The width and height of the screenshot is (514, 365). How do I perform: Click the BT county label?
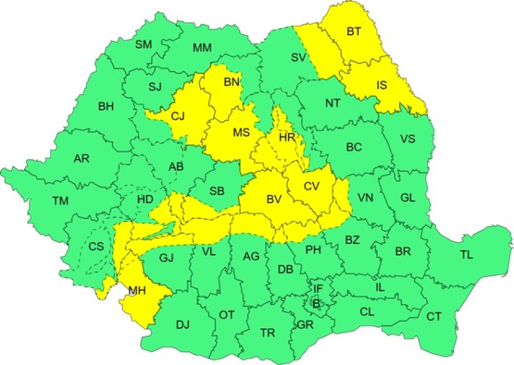coord(354,32)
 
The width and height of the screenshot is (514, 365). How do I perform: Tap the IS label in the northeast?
coord(384,86)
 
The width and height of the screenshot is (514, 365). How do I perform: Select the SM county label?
coord(144,45)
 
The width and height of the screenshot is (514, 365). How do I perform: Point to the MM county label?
coord(202,48)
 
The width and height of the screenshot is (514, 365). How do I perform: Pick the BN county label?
coord(231,83)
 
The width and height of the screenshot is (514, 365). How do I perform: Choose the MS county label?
coord(241,132)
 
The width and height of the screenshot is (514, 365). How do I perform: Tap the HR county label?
coord(287,137)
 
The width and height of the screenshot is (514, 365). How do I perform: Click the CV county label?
coord(311,186)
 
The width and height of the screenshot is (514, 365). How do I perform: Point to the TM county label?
coord(60,201)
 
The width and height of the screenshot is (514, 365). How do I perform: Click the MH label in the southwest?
coord(137,292)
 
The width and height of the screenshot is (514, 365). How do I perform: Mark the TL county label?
coord(467,256)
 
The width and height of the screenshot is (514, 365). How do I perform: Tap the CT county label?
coord(433,317)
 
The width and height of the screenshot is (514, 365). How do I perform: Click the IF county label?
coord(317,289)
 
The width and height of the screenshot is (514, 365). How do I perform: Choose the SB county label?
coord(216,191)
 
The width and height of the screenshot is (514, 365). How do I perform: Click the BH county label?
coord(106,107)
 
